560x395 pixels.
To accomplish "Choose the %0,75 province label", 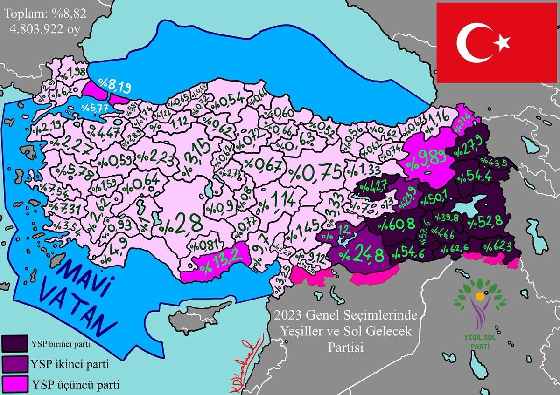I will [x=315, y=172].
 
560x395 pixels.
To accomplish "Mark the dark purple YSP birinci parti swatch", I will [x=15, y=344].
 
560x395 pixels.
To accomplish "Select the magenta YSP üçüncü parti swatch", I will [x=15, y=385].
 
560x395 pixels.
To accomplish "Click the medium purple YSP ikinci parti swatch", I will [x=15, y=364].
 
